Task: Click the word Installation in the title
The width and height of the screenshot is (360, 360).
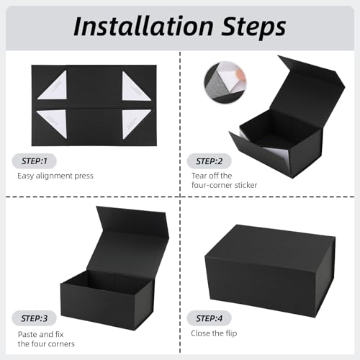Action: point(143,26)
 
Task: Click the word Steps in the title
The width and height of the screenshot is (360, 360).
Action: point(253,27)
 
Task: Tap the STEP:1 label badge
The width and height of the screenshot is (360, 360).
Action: point(35,161)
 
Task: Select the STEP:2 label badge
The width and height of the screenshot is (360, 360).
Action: point(209,161)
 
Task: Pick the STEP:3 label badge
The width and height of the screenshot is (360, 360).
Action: point(35,318)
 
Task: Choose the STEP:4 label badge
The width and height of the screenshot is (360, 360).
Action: point(209,318)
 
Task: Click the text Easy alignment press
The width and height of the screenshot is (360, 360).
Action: point(55,176)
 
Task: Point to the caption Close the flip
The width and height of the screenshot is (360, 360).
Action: point(214,333)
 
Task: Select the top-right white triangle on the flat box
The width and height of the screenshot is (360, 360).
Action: point(135,87)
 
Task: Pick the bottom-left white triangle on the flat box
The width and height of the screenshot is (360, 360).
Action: point(54,122)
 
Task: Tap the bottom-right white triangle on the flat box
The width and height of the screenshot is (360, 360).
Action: point(135,123)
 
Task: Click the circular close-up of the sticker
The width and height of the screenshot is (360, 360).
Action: point(225,82)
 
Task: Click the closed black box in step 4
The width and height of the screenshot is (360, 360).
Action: point(270,271)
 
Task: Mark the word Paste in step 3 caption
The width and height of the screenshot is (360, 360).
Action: point(27,334)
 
